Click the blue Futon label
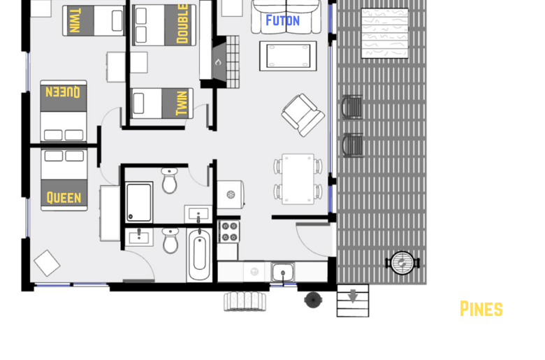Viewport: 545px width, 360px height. pos(282,20)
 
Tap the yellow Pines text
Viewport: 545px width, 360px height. pos(481,309)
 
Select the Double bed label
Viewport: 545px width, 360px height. pos(182,24)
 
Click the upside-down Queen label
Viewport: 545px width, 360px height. pos(63,92)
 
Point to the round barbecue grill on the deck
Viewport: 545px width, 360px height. pos(402,263)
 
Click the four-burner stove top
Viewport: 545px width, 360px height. pos(228,231)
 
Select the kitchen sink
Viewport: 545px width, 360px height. pos(282,272)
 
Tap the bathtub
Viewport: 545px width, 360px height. pos(199,254)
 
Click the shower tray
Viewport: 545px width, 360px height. pos(139,202)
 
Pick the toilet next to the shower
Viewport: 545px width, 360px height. pos(170,180)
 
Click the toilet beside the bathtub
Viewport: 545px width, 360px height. pos(170,240)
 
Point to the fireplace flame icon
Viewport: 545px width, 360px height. pos(218,62)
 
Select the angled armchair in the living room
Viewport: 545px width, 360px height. pos(303,115)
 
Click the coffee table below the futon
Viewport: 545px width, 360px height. pos(288,56)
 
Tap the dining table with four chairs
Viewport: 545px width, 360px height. pos(298,179)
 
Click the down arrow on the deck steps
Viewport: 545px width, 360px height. pos(353,296)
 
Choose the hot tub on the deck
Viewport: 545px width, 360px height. pos(385,33)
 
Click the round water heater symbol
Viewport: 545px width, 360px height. pos(231,194)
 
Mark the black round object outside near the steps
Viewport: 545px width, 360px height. pos(313,300)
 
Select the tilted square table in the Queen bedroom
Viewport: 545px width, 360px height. pos(47,264)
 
